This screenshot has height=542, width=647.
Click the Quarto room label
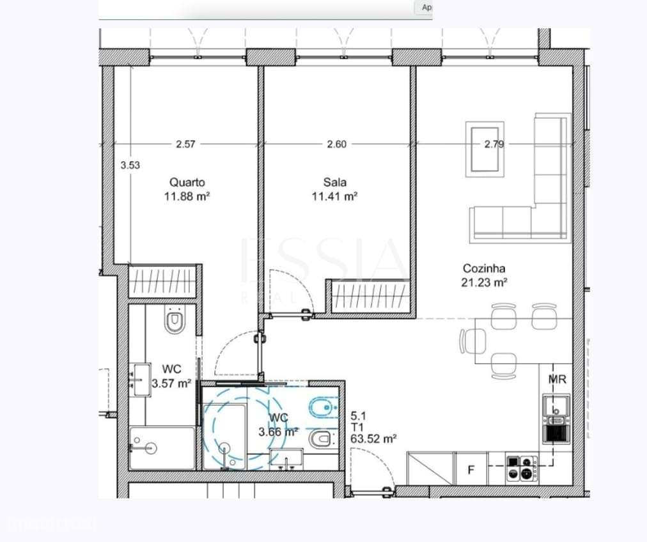[187, 182]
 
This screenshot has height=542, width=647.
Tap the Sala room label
[334, 182]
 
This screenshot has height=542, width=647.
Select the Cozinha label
[484, 269]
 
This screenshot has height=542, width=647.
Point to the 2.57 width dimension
[185, 144]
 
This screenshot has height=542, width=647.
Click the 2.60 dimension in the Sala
[336, 144]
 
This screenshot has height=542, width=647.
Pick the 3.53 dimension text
[130, 165]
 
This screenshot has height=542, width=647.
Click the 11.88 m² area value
[187, 197]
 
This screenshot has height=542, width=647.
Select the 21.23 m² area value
[484, 283]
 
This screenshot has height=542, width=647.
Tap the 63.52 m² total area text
[374, 438]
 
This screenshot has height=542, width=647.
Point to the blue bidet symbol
[322, 405]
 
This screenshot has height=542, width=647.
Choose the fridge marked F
[471, 470]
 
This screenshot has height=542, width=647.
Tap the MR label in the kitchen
[557, 380]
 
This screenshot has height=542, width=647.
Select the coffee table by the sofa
[485, 150]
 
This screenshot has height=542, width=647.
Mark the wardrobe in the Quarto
[165, 281]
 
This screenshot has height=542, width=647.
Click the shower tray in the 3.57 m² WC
[161, 448]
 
